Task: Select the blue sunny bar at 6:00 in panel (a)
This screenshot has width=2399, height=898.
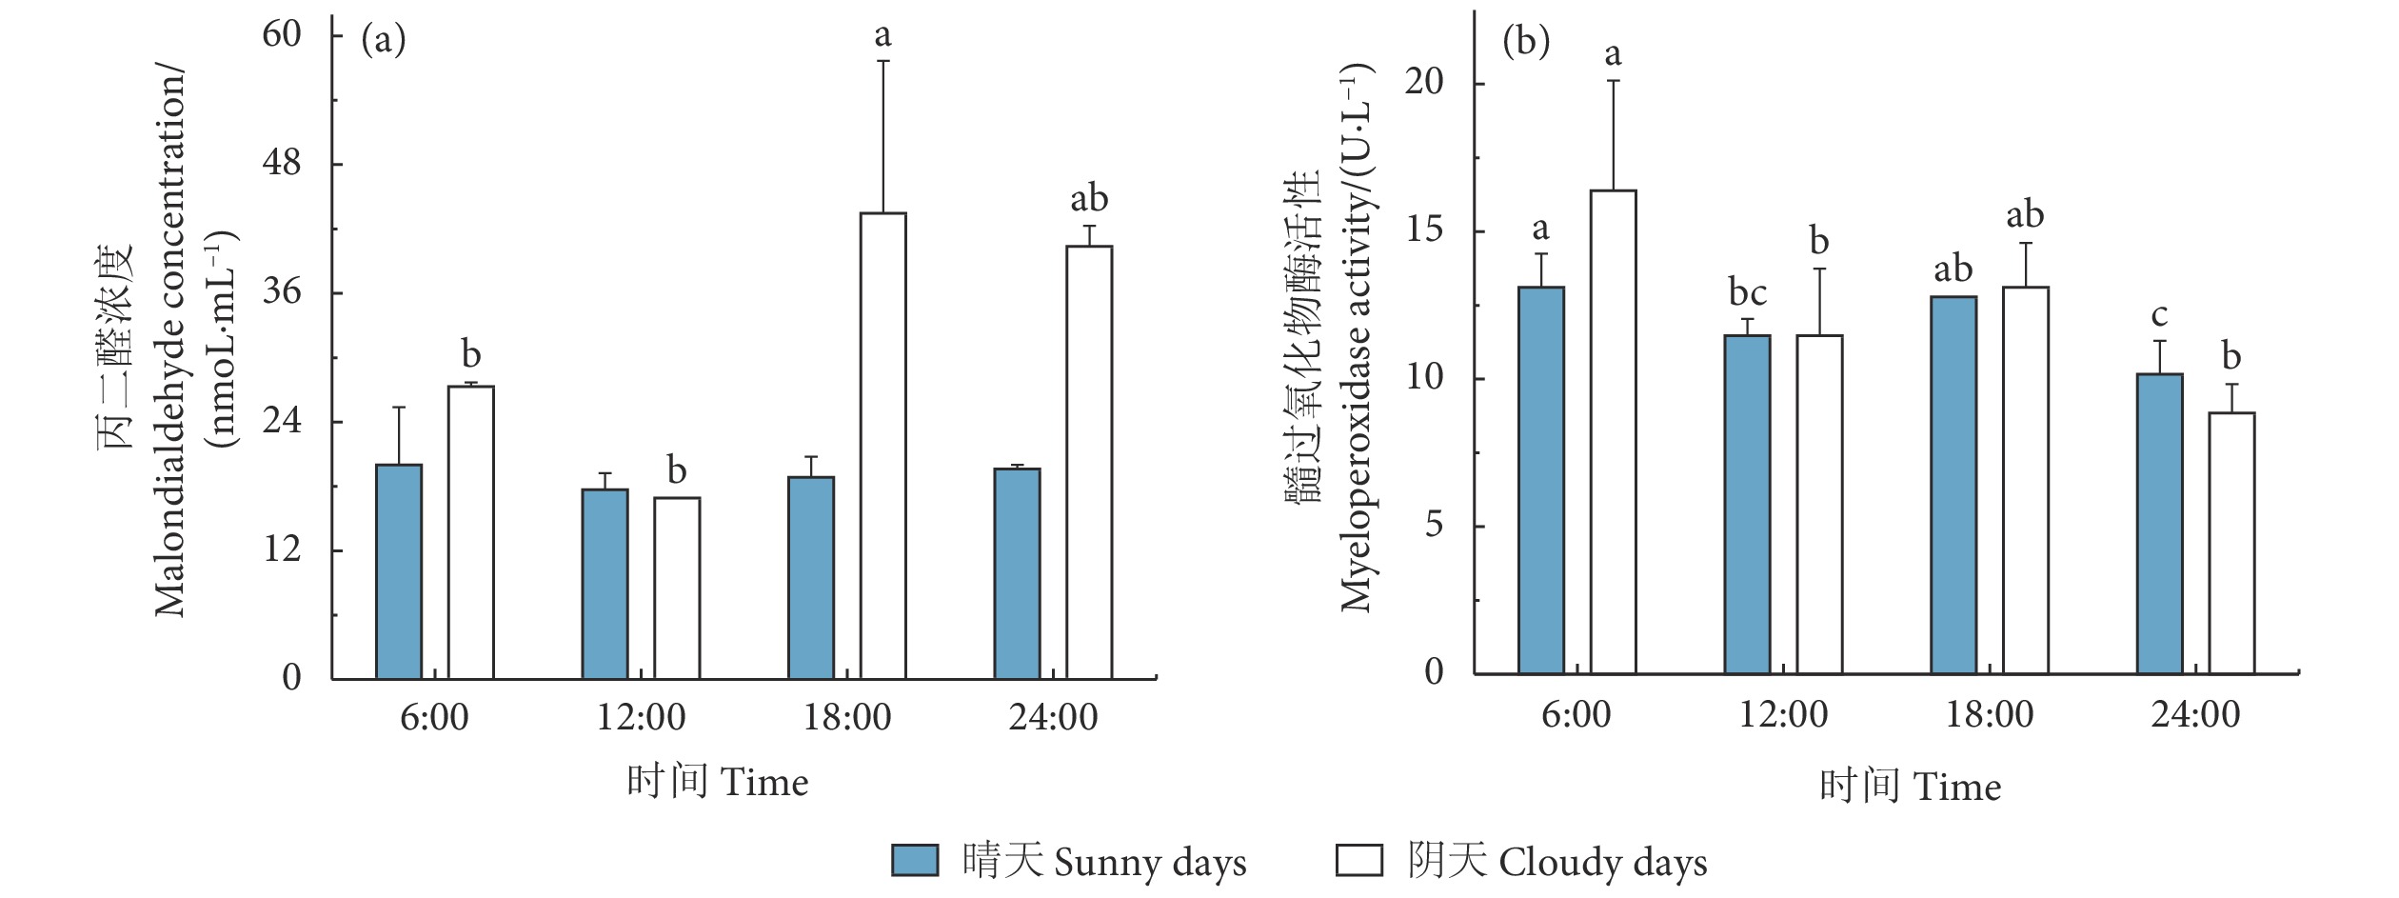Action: [399, 571]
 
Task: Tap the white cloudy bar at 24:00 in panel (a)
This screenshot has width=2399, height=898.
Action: [1088, 462]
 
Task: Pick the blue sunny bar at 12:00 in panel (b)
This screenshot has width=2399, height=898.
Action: [1747, 505]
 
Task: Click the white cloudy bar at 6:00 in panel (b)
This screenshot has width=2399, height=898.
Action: [1613, 432]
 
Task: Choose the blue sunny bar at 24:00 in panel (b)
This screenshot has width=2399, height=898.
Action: [2159, 524]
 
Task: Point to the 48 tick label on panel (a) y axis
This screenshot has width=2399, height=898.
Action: [282, 163]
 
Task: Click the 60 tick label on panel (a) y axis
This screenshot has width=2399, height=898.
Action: [282, 34]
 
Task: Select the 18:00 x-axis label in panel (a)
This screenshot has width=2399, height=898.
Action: [847, 717]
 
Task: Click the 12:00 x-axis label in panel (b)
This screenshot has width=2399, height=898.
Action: [1783, 714]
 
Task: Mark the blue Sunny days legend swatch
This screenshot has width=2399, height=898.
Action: [914, 860]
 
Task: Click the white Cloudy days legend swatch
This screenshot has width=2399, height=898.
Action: [1358, 860]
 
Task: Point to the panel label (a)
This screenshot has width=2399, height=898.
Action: [384, 40]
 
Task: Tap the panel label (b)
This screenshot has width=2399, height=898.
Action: [1525, 42]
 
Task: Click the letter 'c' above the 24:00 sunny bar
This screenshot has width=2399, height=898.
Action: [2159, 314]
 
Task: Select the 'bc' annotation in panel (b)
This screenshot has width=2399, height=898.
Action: [1747, 292]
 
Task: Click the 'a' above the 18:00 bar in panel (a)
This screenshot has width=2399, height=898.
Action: [882, 35]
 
